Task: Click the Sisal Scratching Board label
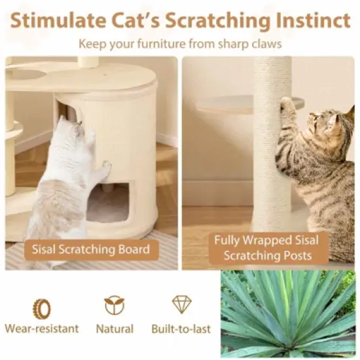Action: tap(91, 249)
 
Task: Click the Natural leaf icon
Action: tap(114, 306)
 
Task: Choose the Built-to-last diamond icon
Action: tap(181, 305)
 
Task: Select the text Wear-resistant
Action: tap(41, 329)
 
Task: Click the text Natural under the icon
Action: tap(114, 329)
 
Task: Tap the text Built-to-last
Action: tap(181, 329)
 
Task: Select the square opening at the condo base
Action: tap(108, 203)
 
